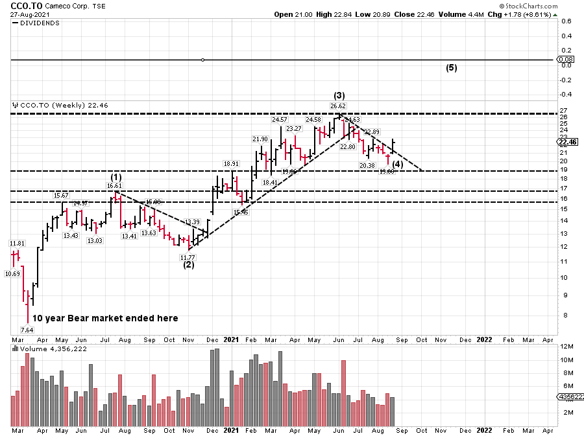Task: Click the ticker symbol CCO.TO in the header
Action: [25, 6]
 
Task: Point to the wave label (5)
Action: [452, 67]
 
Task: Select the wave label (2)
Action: [189, 264]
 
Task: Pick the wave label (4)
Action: [398, 165]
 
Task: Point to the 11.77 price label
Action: [188, 257]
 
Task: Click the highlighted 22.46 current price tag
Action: [567, 142]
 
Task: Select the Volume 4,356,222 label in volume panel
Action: [45, 349]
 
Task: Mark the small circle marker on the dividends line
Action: [203, 60]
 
